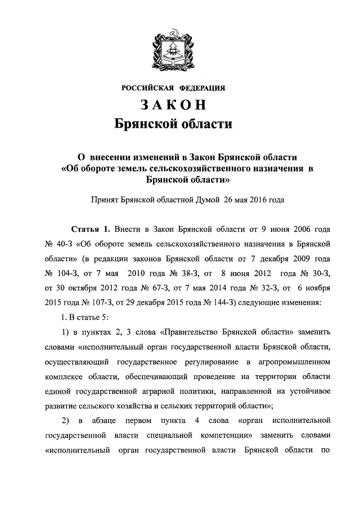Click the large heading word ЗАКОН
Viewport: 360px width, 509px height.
point(173,105)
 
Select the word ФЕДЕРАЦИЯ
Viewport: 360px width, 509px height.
point(202,88)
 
